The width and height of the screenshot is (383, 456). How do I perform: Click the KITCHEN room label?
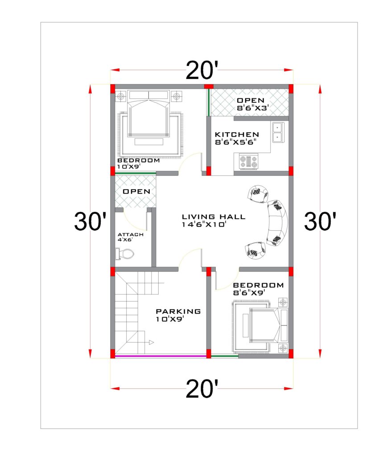click(x=236, y=134)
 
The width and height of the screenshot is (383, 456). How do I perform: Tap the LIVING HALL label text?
click(x=213, y=217)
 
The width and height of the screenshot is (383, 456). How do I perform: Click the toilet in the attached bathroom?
click(x=124, y=254)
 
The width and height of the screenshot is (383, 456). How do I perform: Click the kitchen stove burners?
click(x=248, y=161)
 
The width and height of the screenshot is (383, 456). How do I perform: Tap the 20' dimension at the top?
click(x=202, y=70)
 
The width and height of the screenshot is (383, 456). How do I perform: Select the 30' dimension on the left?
click(x=90, y=221)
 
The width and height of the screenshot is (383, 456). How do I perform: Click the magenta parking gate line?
click(x=161, y=356)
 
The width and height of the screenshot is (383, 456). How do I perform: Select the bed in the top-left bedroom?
click(x=148, y=118)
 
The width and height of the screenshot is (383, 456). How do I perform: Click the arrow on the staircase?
click(x=151, y=342)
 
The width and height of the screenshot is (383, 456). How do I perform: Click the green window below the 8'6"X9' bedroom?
click(x=224, y=356)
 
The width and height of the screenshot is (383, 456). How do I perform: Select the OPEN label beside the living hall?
click(x=136, y=191)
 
